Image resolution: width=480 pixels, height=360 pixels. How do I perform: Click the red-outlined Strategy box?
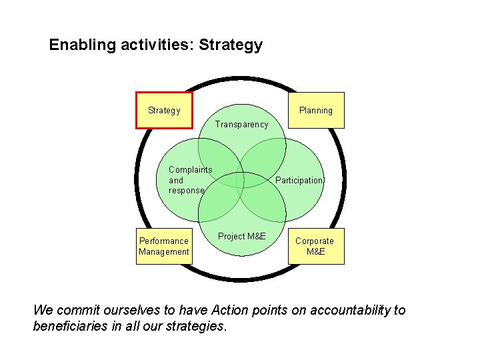164,110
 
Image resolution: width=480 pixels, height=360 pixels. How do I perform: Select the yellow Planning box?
316,110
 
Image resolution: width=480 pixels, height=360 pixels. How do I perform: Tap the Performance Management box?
164,246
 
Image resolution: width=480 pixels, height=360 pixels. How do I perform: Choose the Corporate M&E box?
315,246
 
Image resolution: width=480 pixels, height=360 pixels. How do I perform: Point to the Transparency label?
241,124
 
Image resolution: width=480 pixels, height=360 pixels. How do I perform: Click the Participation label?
299,181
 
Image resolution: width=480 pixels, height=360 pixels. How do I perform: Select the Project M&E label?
241,237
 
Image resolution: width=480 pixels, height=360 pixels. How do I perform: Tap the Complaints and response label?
189,180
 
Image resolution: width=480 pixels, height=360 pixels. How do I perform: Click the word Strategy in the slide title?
231,45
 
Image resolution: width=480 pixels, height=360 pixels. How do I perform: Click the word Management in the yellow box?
164,252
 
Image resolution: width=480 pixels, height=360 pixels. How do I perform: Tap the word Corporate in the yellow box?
315,241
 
